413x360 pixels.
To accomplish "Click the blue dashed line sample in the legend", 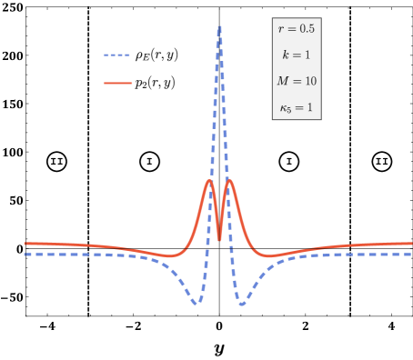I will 117,55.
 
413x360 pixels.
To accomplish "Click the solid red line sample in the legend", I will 117,83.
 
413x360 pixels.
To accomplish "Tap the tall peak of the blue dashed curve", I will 219,27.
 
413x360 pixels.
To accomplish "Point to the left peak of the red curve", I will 209,181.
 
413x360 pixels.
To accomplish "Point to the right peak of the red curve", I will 229,181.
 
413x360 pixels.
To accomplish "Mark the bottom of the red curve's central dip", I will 219,239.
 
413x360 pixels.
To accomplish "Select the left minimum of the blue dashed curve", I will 196,304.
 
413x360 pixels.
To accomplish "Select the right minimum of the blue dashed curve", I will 242,304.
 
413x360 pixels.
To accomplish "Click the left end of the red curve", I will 25,244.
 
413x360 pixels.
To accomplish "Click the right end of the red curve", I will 410,244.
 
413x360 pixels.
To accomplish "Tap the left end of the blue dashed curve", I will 25,255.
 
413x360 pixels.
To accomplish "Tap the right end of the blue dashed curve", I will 410,255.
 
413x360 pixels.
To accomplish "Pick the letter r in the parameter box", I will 281,29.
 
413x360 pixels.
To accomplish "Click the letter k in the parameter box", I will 286,55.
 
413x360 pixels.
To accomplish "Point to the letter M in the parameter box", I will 283,82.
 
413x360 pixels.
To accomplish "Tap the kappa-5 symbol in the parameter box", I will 285,108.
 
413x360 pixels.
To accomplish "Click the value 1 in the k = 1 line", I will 307,55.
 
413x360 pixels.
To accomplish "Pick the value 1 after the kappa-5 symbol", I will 309,108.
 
